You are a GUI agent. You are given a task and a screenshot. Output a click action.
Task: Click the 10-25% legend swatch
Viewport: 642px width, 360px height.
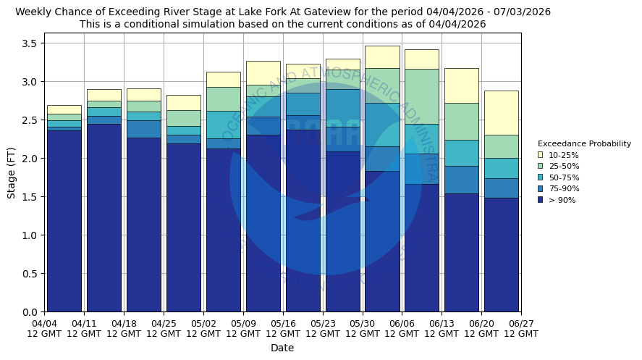click(540, 155)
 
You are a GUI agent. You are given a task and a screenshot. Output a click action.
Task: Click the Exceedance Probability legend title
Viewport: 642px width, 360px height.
click(584, 143)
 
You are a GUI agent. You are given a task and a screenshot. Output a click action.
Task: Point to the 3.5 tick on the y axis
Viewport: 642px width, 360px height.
click(30, 43)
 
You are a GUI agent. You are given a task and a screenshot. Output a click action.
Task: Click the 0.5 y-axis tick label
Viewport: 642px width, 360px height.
click(30, 274)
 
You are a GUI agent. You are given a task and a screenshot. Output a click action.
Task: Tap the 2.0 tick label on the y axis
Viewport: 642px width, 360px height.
click(30, 159)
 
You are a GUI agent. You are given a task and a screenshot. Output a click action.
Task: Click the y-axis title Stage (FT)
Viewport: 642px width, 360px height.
click(12, 172)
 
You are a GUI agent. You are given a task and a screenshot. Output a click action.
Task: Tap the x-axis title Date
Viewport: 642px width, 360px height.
click(282, 348)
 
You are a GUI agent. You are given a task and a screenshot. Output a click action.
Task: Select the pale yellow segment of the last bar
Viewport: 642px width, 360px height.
click(501, 112)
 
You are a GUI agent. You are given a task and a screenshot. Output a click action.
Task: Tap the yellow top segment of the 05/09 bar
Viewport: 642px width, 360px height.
click(263, 72)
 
